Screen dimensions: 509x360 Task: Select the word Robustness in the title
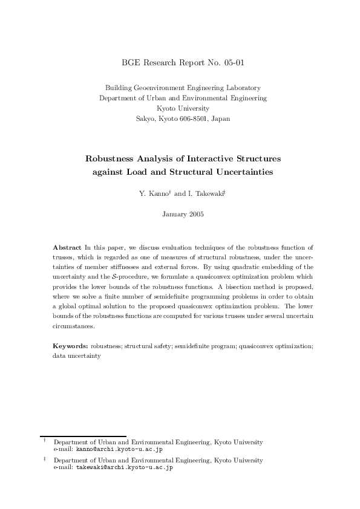111,159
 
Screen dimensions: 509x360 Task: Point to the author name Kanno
155,194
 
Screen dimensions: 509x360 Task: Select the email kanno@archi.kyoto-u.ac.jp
119,449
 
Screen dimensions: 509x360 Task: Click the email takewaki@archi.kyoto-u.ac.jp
124,467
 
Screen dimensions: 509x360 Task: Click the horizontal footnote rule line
83,436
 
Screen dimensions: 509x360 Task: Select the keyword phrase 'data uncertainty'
76,356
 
